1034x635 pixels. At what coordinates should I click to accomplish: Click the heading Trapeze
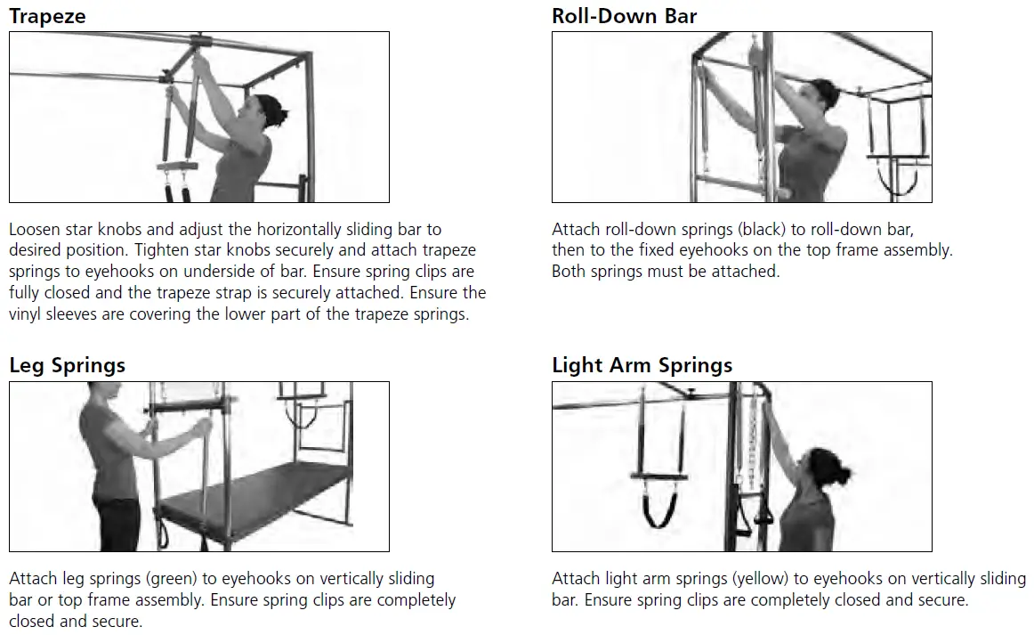point(47,15)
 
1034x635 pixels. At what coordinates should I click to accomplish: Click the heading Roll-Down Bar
point(624,15)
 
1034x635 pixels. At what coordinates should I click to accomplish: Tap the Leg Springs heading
point(67,365)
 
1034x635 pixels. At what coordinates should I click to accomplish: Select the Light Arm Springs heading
point(642,365)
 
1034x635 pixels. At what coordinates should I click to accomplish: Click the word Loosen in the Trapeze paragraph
point(35,229)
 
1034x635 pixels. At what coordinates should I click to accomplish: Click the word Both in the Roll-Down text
point(570,272)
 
